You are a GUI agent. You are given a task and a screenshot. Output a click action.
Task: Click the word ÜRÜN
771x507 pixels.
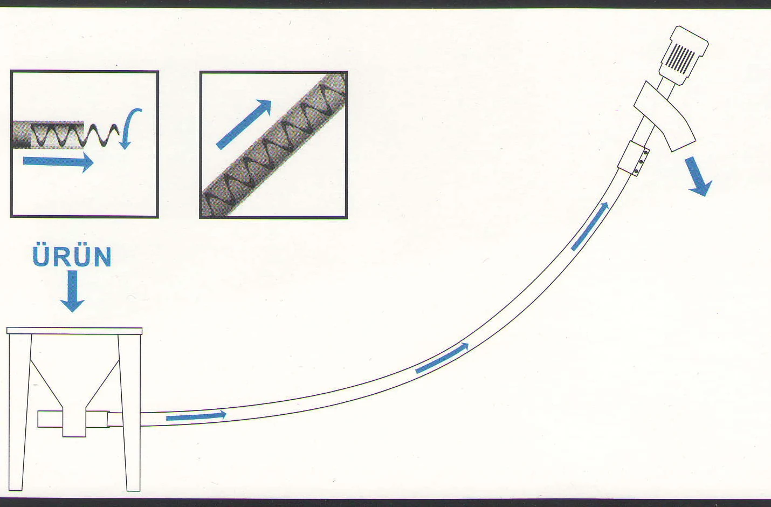pos(72,256)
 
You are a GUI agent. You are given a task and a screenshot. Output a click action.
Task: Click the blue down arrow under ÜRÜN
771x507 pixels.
pos(72,291)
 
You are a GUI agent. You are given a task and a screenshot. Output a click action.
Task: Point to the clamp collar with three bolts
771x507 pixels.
pos(634,158)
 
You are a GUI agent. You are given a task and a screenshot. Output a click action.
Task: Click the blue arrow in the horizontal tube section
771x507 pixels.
pos(196,416)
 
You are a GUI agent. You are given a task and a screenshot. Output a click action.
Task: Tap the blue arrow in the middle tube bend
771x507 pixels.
pos(442,358)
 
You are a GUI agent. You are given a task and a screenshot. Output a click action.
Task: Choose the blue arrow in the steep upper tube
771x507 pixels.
pos(590,227)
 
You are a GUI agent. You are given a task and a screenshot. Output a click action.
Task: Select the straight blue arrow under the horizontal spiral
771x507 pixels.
pos(58,162)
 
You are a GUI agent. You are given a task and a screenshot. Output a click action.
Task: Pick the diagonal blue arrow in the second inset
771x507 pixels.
pos(244,125)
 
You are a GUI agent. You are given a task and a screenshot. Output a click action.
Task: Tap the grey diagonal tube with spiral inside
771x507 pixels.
pos(274,145)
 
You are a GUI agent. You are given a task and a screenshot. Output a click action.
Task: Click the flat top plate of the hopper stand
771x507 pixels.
pos(74,331)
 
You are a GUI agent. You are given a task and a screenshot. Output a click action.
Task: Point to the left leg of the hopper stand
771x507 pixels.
pos(19,412)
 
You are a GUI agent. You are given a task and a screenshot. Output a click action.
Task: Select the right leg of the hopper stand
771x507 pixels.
pos(130,412)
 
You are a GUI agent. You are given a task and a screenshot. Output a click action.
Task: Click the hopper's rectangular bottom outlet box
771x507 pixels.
pos(74,423)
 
